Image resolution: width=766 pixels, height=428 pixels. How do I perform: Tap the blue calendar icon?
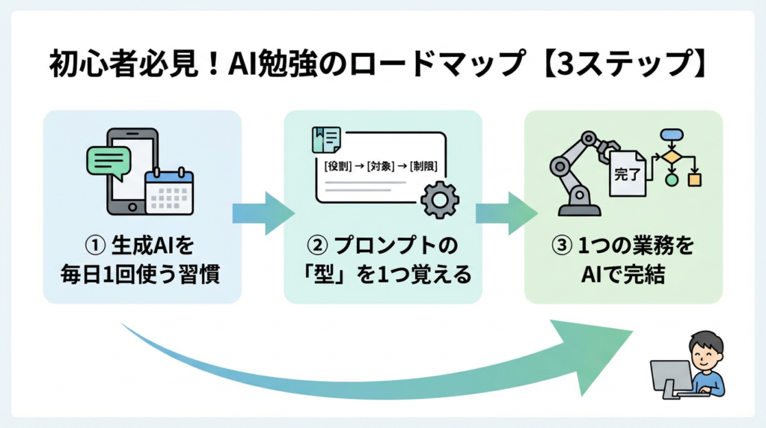pyautogui.click(x=169, y=191)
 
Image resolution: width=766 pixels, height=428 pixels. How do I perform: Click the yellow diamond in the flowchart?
pyautogui.click(x=671, y=157)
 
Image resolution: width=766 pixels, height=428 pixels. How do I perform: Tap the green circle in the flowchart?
pyautogui.click(x=671, y=180)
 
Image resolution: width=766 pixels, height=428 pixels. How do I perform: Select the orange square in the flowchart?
pyautogui.click(x=695, y=180)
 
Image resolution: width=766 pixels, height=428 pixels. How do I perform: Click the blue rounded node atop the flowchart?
pyautogui.click(x=671, y=135)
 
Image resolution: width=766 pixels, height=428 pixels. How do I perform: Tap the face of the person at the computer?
pyautogui.click(x=703, y=352)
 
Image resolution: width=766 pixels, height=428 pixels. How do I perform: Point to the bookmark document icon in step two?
pyautogui.click(x=325, y=140)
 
